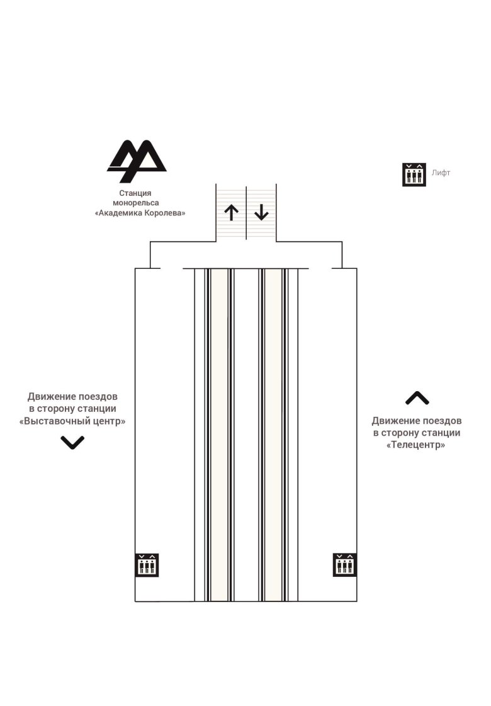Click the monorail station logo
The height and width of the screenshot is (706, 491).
pos(137,161)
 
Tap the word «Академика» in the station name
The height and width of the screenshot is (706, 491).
pos(118,213)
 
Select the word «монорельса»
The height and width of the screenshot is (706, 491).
pos(135,203)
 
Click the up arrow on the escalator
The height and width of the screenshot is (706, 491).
pos(231,212)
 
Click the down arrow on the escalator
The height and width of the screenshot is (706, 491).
pos(261,212)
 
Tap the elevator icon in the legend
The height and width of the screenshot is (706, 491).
pos(414,174)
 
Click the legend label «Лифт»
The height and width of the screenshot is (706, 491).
pos(441,173)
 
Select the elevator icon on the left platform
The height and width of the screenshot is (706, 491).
pos(147,565)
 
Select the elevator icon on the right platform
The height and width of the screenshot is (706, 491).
pos(345,565)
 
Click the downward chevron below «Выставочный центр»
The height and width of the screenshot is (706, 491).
pos(72,442)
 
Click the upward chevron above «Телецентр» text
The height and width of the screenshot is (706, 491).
pos(417,398)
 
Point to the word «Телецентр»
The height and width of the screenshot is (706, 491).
pos(416,445)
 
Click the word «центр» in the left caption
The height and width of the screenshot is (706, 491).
pos(110,421)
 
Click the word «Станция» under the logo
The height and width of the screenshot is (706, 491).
pos(135,193)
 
